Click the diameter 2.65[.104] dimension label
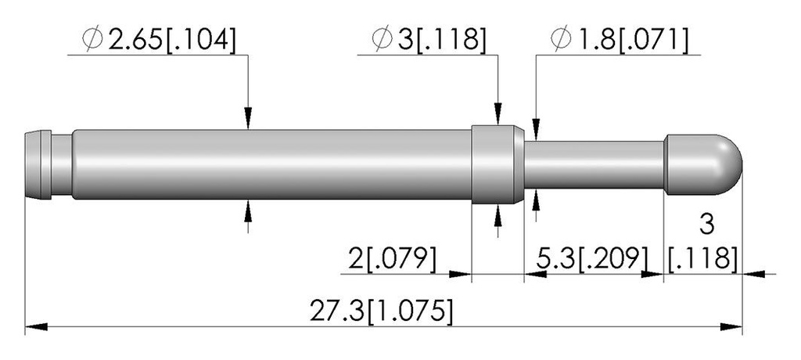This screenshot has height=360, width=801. pos(159,40)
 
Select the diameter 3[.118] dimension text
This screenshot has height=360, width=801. pos(429,40)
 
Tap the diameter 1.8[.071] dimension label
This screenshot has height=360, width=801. pos(620,40)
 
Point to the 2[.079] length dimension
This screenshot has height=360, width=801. pos(393,259)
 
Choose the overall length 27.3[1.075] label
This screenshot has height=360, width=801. pos(381,311)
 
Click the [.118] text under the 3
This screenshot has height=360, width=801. pos(703,259)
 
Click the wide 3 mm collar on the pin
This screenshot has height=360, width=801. pos(497,164)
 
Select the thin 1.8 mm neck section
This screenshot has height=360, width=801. pos(594,164)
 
